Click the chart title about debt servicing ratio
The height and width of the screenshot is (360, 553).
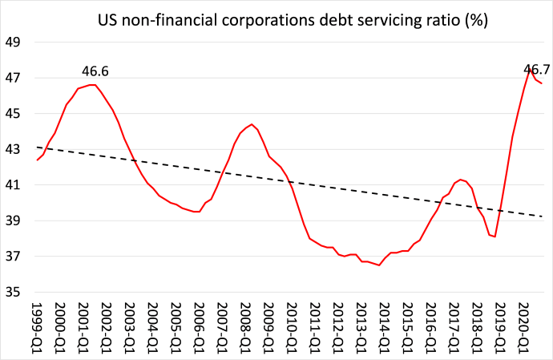pyautogui.click(x=293, y=17)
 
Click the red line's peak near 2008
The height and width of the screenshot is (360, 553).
pyautogui.click(x=252, y=124)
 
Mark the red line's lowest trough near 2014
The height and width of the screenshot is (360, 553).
pyautogui.click(x=378, y=265)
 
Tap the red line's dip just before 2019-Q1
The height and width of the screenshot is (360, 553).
pyautogui.click(x=494, y=237)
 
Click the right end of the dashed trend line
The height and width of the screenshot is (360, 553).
pyautogui.click(x=543, y=216)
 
